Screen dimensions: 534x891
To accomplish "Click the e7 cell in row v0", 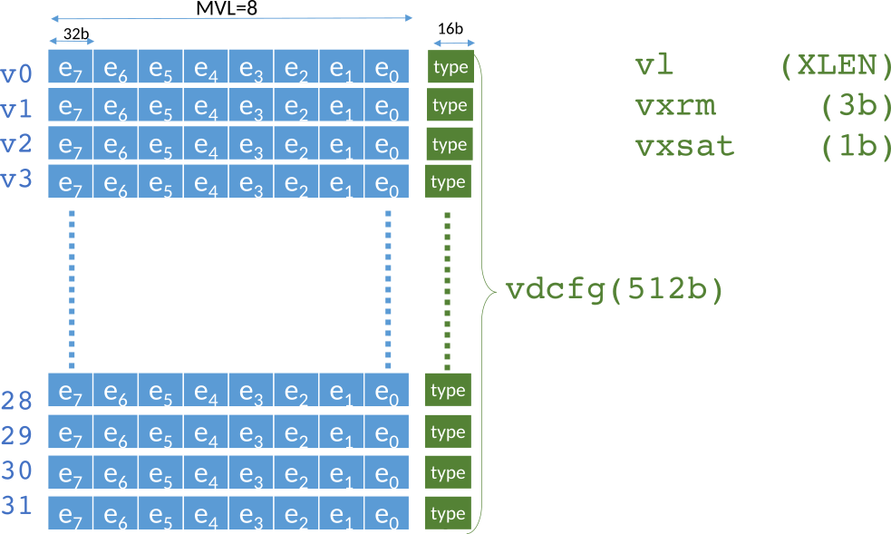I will (71, 67).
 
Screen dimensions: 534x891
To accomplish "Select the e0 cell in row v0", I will (387, 67).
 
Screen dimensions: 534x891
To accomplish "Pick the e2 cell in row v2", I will (296, 144).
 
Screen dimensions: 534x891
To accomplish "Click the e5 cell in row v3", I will (160, 181).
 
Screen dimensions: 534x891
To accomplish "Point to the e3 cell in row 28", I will (251, 391).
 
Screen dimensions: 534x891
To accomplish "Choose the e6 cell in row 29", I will (115, 432).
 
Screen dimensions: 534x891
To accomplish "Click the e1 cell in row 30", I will (342, 473).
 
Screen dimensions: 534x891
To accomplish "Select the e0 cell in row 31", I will (387, 514).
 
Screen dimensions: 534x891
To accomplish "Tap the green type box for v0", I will (450, 67).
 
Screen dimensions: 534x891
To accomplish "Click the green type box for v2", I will (450, 144).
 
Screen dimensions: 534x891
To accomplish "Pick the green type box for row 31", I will (448, 514).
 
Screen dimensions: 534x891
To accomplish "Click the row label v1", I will (17, 110).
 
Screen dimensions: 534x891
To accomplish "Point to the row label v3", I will (17, 180).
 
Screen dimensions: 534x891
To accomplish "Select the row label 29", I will (17, 436).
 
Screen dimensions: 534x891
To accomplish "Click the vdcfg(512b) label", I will (615, 290).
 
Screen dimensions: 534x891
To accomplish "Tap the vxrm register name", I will (675, 106).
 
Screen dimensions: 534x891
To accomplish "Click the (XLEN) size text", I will (829, 66).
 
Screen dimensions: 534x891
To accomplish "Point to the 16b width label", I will (450, 28).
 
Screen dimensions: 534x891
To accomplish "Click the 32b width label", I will (76, 35).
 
